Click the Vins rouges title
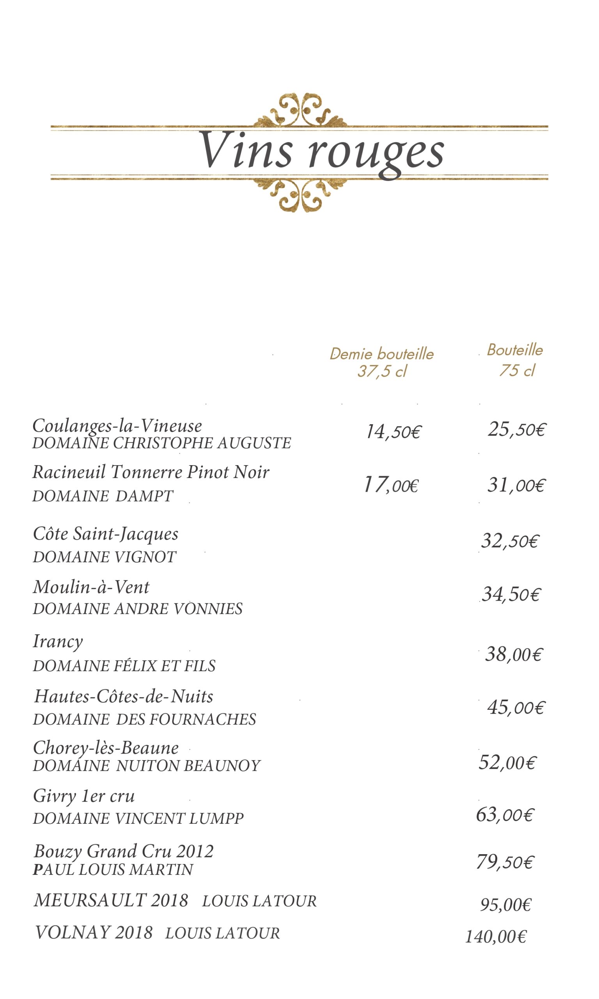[x=321, y=151]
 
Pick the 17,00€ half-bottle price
[x=391, y=485]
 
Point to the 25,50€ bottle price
[x=517, y=429]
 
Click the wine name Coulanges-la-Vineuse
[x=117, y=426]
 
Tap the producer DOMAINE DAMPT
[x=103, y=496]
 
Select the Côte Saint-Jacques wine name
[x=105, y=534]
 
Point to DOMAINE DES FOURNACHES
[x=145, y=719]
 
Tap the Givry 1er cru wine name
[x=83, y=796]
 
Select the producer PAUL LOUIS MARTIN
[x=113, y=869]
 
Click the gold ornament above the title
[x=299, y=110]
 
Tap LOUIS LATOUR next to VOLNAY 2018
[x=222, y=933]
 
